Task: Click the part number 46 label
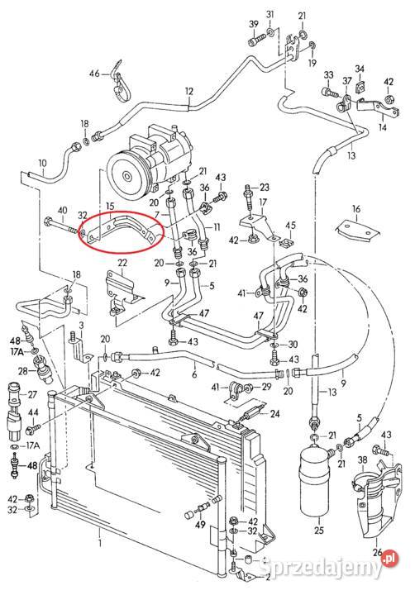[94, 74]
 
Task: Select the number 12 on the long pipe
[189, 92]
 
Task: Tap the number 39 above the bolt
[254, 24]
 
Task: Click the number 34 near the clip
[360, 69]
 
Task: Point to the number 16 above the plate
[355, 209]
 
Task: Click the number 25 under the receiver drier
[319, 530]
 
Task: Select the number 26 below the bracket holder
[377, 551]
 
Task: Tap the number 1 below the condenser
[100, 544]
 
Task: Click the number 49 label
[200, 525]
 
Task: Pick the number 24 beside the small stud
[274, 413]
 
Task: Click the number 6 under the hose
[194, 375]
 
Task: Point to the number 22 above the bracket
[122, 263]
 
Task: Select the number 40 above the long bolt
[62, 210]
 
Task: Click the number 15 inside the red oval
[110, 207]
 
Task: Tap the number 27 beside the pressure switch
[32, 395]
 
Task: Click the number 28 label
[23, 371]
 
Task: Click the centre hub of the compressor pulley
[126, 177]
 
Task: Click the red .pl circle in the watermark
[391, 559]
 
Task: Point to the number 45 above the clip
[290, 226]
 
